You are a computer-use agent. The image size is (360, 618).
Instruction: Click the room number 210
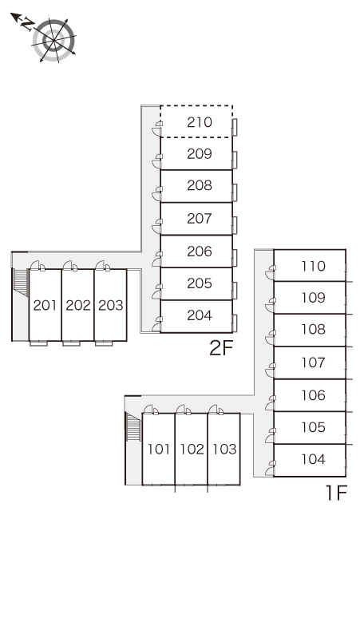pos(200,122)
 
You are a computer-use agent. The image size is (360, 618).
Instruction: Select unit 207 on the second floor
pos(200,218)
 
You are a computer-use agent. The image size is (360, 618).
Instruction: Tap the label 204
pos(200,315)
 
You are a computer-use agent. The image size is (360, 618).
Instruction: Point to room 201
pos(45,305)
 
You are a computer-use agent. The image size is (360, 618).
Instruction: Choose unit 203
pos(111,305)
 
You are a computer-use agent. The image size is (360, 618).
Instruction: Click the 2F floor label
pos(221,347)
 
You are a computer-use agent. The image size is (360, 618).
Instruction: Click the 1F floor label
pos(336,493)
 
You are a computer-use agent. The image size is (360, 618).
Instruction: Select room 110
pos(314,266)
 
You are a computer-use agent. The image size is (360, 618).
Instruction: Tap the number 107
pos(314,362)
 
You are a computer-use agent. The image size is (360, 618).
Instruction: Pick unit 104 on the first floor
pos(314,459)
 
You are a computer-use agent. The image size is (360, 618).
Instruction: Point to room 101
pos(159,449)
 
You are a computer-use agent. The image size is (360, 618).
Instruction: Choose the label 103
pos(224,449)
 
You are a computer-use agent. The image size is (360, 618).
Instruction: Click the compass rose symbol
pos(53,40)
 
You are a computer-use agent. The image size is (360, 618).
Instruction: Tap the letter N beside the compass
pos(27,25)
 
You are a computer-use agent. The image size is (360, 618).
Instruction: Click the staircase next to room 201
pos(21,282)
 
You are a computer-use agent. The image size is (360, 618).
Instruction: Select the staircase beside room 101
pos(133,426)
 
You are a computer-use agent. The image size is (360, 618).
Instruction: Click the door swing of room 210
pos(157,129)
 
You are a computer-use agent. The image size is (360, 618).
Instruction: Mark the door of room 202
pos(70,265)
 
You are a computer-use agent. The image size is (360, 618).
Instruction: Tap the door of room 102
pos(184,410)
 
